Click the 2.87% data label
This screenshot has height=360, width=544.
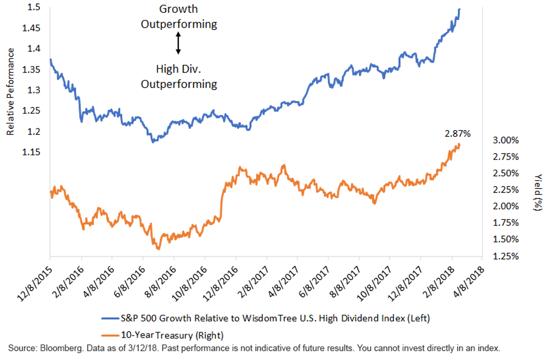tap(457, 134)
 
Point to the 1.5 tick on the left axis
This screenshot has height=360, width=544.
tap(34, 7)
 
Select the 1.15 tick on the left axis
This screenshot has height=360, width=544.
tap(31, 152)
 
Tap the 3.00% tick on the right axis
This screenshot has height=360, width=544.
tap(505, 141)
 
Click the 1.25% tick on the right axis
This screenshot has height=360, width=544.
tap(505, 256)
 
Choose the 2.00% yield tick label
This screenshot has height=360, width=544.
tap(505, 206)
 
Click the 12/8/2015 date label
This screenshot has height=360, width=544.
tap(35, 284)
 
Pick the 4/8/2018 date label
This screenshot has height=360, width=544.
tap(469, 282)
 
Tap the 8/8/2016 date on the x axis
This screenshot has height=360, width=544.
tap(160, 282)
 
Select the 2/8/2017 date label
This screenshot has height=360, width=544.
tap(253, 282)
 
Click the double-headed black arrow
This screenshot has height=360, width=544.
tap(178, 43)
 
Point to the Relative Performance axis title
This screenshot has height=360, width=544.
tap(10, 92)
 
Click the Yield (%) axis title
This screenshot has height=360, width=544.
tap(538, 192)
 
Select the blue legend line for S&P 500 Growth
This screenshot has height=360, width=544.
tap(110, 318)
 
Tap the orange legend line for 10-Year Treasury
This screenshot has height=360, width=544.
tap(110, 336)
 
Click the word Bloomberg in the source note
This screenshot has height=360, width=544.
tap(61, 348)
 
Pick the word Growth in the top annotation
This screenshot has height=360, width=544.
tap(179, 9)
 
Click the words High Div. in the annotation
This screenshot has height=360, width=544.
tap(179, 69)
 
